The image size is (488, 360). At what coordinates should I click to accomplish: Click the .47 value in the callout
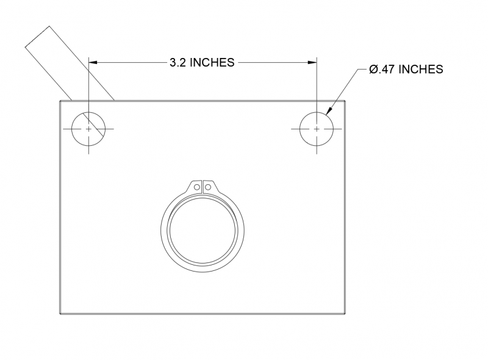coord(390,70)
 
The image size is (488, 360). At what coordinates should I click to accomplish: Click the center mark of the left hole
coord(89,129)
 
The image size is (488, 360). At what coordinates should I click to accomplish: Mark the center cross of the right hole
coord(317,129)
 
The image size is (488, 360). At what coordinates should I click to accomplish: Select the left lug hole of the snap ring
coord(197,187)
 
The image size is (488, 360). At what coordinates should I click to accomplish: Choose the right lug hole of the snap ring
coord(207,187)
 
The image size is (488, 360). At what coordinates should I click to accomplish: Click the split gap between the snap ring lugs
coord(203,187)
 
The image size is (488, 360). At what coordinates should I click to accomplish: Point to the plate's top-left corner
coord(60,100)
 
